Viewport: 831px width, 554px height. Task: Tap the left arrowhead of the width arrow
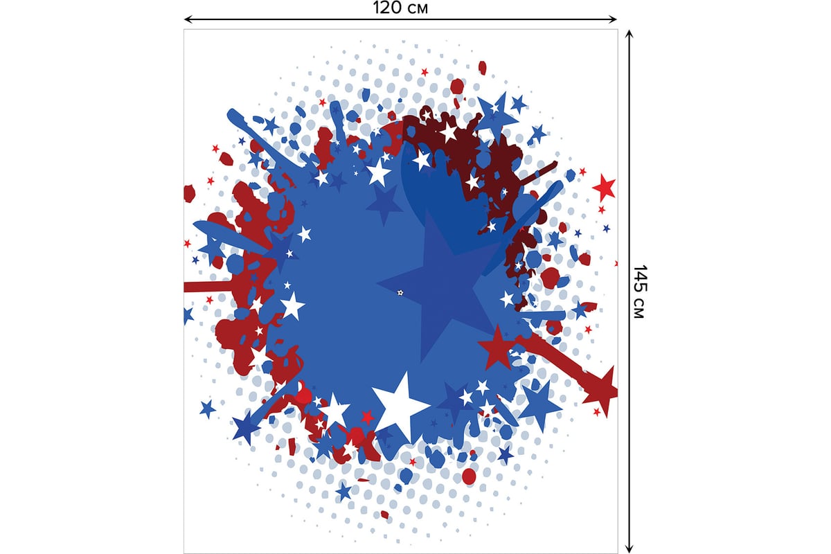pos(188,19)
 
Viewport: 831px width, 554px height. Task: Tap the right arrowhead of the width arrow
pos(613,19)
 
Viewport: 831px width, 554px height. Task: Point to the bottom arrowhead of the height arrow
pos(629,548)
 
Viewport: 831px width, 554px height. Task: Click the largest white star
pos(399,406)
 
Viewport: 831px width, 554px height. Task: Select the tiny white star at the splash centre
pos(400,293)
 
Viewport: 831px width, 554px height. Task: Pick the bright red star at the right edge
pos(604,187)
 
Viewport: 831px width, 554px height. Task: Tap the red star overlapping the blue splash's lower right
pos(496,347)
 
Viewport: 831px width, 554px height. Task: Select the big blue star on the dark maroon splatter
pos(497,112)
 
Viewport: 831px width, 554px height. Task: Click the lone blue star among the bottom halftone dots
pos(343,492)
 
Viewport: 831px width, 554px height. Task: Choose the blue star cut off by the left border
pos(188,315)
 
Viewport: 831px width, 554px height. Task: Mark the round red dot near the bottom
pos(469,476)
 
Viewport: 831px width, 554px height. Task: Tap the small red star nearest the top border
pos(425,71)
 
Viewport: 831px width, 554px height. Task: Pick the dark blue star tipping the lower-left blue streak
pos(246,427)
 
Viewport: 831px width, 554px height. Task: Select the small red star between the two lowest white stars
pos(367,418)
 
